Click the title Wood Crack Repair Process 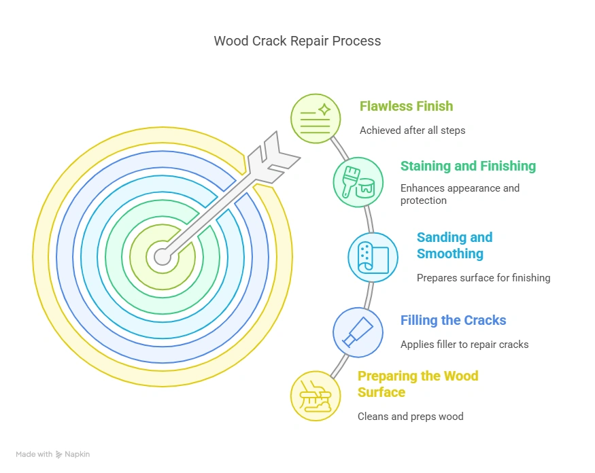pyautogui.click(x=297, y=41)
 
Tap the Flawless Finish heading pyautogui.click(x=406, y=106)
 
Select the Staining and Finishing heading pyautogui.click(x=468, y=166)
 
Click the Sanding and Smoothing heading pyautogui.click(x=454, y=245)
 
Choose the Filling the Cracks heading pyautogui.click(x=453, y=320)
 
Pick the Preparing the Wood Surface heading pyautogui.click(x=418, y=384)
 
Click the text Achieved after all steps pyautogui.click(x=412, y=130)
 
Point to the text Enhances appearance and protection pyautogui.click(x=460, y=194)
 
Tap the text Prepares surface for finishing pyautogui.click(x=483, y=277)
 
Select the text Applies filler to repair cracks pyautogui.click(x=464, y=345)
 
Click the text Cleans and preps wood pyautogui.click(x=410, y=416)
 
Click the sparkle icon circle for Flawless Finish pyautogui.click(x=316, y=118)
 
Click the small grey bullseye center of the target pyautogui.click(x=163, y=256)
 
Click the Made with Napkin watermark pyautogui.click(x=52, y=454)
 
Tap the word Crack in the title pyautogui.click(x=268, y=41)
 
